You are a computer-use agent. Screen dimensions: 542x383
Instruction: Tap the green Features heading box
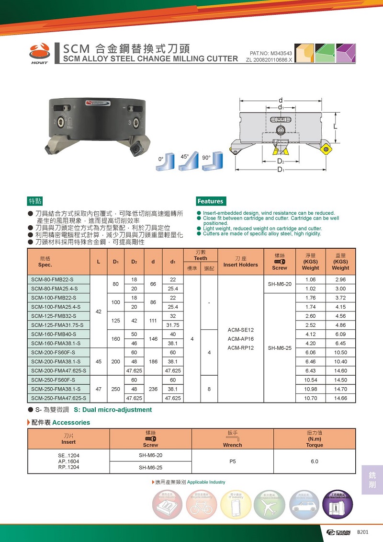pyautogui.click(x=211, y=201)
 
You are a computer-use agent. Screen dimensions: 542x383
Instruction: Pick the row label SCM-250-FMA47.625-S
pyautogui.click(x=59, y=398)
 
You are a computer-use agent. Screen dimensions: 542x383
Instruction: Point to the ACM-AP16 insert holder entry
pyautogui.click(x=240, y=339)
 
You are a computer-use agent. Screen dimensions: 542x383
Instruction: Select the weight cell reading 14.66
pyautogui.click(x=340, y=398)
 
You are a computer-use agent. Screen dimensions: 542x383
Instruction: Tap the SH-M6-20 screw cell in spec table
pyautogui.click(x=280, y=284)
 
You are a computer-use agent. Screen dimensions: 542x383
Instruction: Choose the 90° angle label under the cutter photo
pyautogui.click(x=206, y=157)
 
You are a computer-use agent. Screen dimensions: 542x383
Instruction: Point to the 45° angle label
pyautogui.click(x=184, y=156)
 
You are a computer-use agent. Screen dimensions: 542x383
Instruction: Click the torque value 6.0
pyautogui.click(x=314, y=461)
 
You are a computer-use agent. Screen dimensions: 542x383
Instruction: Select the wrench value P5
pyautogui.click(x=233, y=461)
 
